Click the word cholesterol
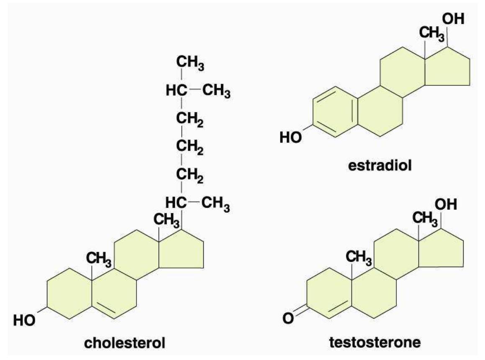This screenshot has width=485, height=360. point(125,343)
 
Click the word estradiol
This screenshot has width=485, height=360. point(380,165)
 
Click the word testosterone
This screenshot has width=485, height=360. point(375,342)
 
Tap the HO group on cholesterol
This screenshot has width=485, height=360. point(24,320)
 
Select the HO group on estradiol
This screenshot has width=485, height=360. point(290,137)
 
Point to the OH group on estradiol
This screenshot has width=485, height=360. point(453,19)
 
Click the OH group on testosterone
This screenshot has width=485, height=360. point(446,204)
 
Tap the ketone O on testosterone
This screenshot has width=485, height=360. point(288,318)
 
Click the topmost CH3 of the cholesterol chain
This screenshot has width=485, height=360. point(190,63)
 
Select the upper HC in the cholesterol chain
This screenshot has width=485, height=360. point(176,91)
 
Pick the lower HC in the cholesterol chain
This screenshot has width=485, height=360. point(176,203)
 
